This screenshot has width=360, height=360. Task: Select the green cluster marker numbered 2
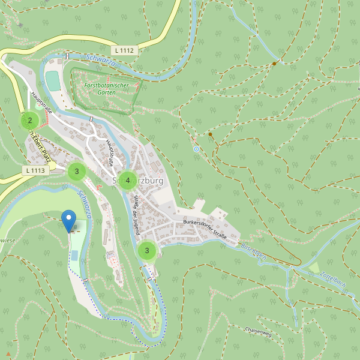pos(30,121)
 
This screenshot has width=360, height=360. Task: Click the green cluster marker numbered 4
pos(128,180)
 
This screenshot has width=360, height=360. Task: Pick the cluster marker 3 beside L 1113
pos(76,172)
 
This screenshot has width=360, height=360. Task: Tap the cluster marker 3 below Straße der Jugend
pos(147,251)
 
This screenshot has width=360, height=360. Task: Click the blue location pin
pos(69,220)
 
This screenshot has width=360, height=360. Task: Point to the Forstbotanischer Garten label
pos(106,89)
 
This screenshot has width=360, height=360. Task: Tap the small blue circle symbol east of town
pos(196,148)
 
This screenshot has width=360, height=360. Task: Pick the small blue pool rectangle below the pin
pos(74,256)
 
